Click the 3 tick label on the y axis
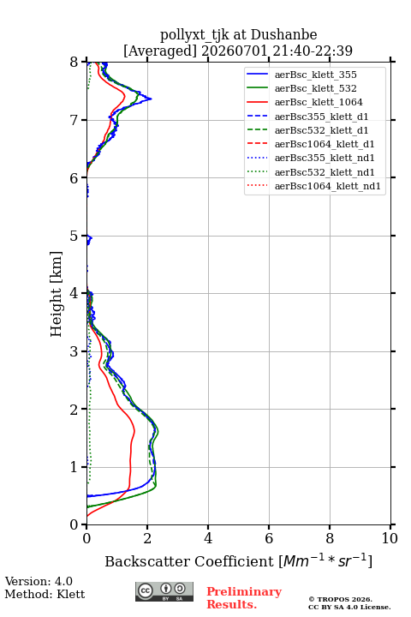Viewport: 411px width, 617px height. click(x=74, y=351)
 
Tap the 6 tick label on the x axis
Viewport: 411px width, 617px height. click(x=269, y=538)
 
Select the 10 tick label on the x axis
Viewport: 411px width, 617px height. click(x=390, y=538)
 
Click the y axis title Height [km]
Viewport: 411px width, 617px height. click(x=57, y=294)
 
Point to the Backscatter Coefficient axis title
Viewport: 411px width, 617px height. click(x=238, y=560)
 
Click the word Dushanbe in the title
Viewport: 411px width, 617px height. click(x=283, y=35)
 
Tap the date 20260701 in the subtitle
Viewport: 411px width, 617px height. click(x=235, y=51)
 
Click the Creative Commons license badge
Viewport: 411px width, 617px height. click(x=164, y=591)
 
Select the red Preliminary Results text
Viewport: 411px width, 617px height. click(x=244, y=598)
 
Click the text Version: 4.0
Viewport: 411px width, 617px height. click(x=39, y=581)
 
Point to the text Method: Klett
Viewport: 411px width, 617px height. click(x=45, y=594)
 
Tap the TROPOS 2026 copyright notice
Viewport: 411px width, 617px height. click(x=341, y=599)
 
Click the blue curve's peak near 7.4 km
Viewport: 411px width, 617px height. click(x=151, y=99)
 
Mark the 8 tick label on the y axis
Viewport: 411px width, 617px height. click(x=74, y=62)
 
